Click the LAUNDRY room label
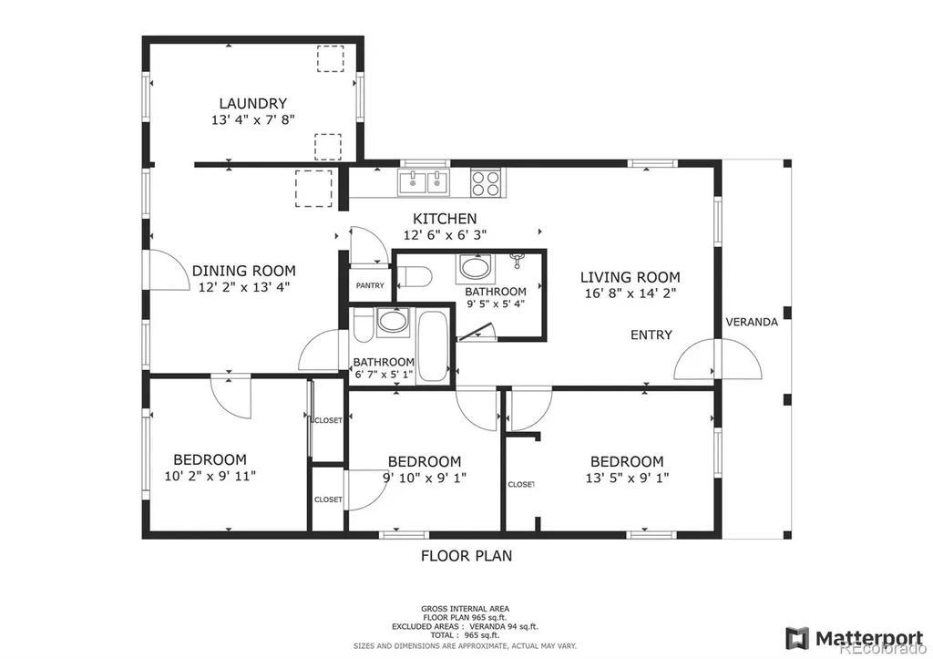[x=253, y=104]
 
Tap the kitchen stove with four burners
[x=486, y=183]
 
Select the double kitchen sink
[x=424, y=182]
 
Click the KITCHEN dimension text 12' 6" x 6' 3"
[x=445, y=235]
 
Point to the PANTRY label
[x=370, y=285]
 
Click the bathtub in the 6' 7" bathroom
[x=433, y=346]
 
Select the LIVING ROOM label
[x=631, y=277]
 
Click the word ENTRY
[x=651, y=335]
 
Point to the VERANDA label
[x=752, y=322]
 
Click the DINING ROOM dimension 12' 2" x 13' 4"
[x=244, y=287]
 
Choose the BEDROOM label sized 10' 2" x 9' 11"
[x=210, y=459]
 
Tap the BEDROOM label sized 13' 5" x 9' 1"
[x=627, y=461]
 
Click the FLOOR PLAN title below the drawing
[x=466, y=556]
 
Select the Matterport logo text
[x=868, y=637]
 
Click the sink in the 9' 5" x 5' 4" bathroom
[x=475, y=268]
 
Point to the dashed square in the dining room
[x=313, y=189]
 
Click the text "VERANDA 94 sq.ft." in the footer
[x=503, y=627]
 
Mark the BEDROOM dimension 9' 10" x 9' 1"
[x=425, y=478]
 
